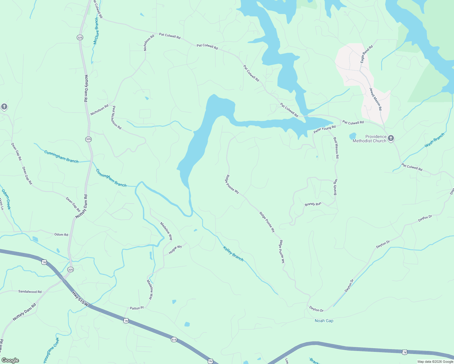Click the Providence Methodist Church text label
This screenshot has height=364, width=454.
click(369, 139)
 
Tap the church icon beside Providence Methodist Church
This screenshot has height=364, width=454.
click(391, 138)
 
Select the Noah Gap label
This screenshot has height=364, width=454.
click(324, 321)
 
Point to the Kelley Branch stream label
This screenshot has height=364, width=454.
click(233, 254)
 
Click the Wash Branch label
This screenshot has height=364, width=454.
click(434, 140)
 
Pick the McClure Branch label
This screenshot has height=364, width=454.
click(96, 31)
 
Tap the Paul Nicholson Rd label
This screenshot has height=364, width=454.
click(117, 118)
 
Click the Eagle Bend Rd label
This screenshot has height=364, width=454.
click(366, 55)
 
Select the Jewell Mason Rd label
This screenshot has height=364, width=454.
click(375, 99)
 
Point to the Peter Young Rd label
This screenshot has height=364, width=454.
click(325, 130)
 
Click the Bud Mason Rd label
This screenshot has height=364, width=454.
click(336, 148)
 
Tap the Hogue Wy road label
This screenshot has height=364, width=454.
click(175, 249)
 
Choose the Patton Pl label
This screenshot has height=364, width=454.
click(137, 308)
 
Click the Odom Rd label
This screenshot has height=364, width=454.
click(61, 234)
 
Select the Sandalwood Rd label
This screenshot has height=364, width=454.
click(30, 292)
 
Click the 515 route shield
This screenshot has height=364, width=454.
click(174, 339)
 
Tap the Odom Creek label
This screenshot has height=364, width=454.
click(6, 199)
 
